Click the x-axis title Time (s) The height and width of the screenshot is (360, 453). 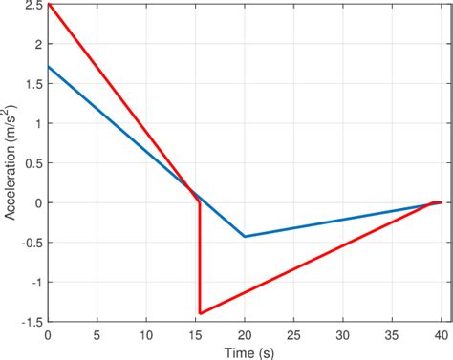tap(244, 351)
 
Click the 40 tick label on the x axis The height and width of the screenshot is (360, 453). tap(440, 335)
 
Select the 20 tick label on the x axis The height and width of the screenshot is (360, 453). tap(244, 335)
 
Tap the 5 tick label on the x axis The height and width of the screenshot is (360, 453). tap(97, 335)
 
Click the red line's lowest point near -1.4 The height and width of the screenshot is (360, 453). tap(200, 312)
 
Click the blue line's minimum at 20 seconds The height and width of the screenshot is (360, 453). tap(245, 236)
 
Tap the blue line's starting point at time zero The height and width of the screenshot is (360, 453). tap(49, 67)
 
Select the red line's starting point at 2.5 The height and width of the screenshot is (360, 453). tap(49, 5)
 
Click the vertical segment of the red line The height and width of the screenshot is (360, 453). tap(200, 258)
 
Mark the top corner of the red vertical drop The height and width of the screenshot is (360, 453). tap(199, 202)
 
